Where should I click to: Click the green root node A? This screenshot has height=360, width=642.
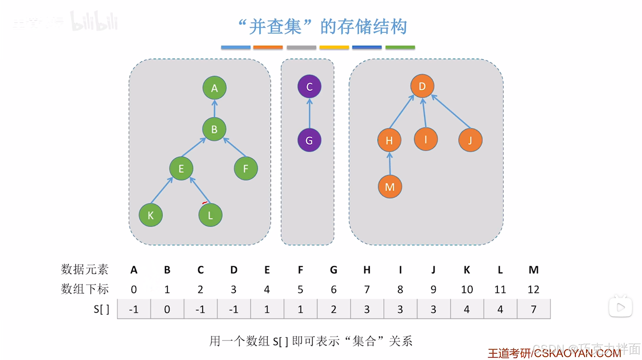coord(214,88)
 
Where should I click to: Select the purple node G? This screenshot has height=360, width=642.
coord(309,140)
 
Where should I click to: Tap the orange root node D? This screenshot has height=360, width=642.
coord(422,86)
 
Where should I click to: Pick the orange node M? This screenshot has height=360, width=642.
coord(390,187)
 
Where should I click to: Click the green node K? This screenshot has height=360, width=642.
coord(150,215)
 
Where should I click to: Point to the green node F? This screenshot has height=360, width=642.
coord(245,168)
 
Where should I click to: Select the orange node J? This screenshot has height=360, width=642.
coord(470,140)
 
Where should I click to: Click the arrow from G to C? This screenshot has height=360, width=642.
coord(309,113)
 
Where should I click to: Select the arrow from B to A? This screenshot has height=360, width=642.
coord(214,109)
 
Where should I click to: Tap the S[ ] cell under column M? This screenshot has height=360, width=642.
coord(533,309)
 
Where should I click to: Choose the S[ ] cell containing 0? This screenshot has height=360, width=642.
coord(167,309)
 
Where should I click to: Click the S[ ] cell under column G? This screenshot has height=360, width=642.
coord(333,309)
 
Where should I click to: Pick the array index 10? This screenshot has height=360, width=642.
coord(467,289)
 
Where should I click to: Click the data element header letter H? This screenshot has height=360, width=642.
coord(367,270)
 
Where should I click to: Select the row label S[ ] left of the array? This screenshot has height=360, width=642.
coord(101,309)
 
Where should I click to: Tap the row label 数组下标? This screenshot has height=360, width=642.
coord(85,289)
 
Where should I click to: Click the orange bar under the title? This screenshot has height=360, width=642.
coord(268,48)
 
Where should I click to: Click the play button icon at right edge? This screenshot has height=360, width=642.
coord(620,307)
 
